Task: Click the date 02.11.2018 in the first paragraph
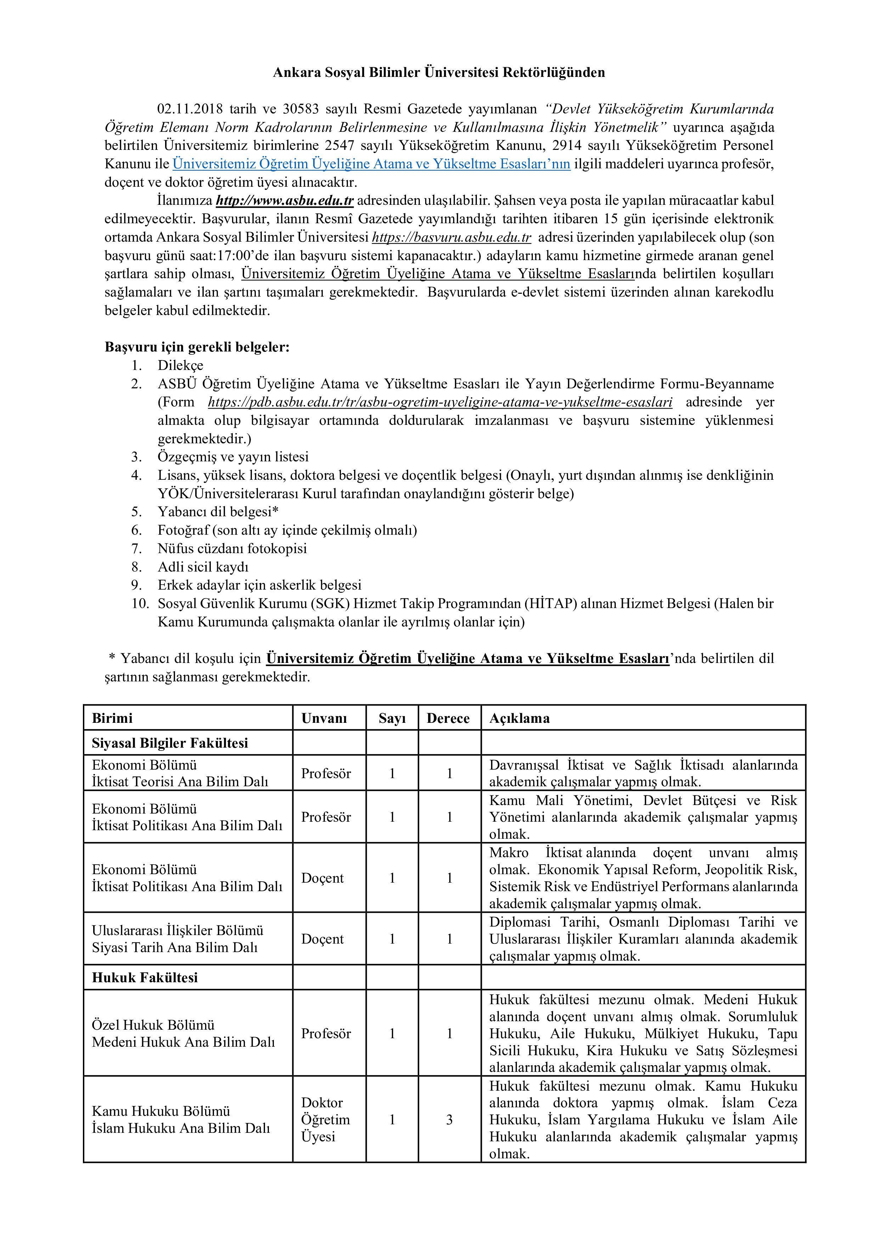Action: click(190, 109)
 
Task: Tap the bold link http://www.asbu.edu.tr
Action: click(285, 200)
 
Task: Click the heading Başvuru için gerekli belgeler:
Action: click(197, 347)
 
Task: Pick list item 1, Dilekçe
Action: click(180, 365)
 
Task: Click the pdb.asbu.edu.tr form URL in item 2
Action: click(440, 402)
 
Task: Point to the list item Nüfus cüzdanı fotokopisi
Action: click(232, 549)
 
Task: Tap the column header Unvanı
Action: click(324, 718)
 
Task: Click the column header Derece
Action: click(448, 718)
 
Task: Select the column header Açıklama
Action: click(520, 718)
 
